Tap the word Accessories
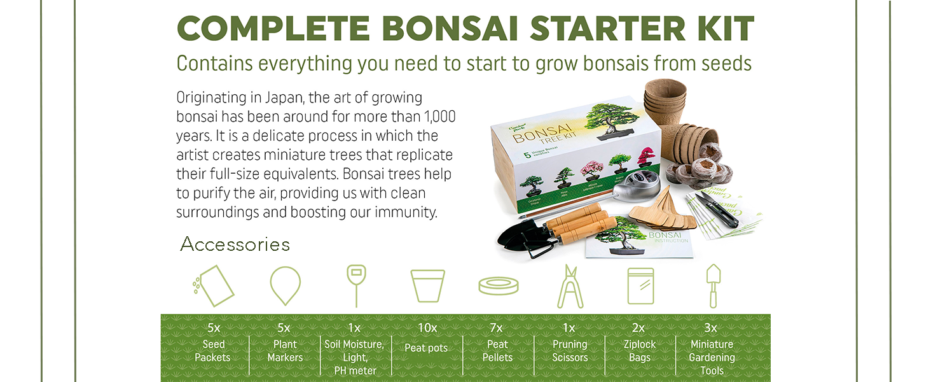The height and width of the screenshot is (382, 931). click(x=235, y=244)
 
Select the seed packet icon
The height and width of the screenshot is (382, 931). click(x=214, y=286)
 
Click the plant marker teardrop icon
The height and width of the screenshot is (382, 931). click(x=285, y=285)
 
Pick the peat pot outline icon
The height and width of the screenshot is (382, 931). click(x=427, y=286)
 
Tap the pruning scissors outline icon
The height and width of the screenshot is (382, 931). click(x=570, y=286)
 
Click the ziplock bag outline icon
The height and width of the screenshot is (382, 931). click(x=640, y=286)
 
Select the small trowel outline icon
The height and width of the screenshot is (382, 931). click(x=713, y=286)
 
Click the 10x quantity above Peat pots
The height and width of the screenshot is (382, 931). click(x=427, y=328)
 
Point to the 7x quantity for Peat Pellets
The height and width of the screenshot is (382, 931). click(x=497, y=328)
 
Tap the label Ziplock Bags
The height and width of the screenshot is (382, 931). click(x=639, y=351)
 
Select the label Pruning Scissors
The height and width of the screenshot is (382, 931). click(x=570, y=351)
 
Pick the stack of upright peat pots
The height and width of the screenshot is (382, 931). click(x=664, y=102)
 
